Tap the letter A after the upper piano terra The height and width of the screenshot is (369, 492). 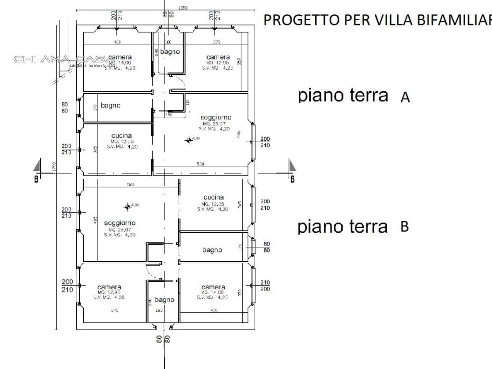(405, 98)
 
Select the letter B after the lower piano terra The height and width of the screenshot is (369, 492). (405, 226)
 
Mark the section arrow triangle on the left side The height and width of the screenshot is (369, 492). (37, 166)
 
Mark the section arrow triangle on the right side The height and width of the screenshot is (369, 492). (292, 166)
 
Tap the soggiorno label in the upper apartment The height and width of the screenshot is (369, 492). (216, 117)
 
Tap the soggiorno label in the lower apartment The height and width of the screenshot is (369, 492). (119, 223)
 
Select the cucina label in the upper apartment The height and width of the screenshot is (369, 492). (121, 135)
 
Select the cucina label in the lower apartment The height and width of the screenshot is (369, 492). (213, 197)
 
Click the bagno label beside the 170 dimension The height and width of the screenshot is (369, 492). (110, 105)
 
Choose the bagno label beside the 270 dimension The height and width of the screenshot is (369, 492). (212, 250)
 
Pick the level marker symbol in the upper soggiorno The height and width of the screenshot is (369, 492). (188, 140)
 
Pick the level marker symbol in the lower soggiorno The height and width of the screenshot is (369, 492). (127, 207)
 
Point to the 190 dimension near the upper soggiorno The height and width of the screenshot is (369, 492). (169, 115)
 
